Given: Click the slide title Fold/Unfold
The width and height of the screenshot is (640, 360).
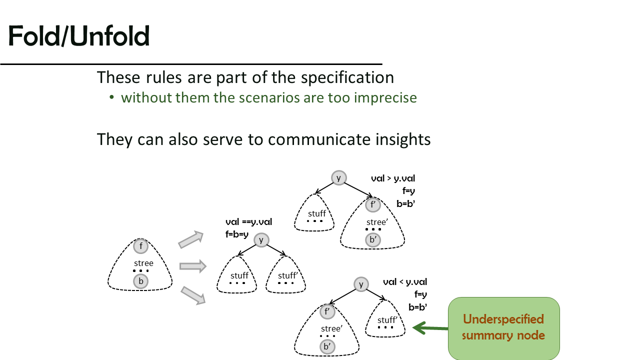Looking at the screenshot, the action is coord(79,36).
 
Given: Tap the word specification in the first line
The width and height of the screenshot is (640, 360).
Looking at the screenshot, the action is coord(347,77).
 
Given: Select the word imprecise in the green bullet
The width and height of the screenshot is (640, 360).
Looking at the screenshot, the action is coord(385,98).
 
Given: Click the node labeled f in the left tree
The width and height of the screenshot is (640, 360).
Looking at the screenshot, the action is coord(140,246).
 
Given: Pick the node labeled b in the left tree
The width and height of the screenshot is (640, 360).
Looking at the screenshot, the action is coord(140,281).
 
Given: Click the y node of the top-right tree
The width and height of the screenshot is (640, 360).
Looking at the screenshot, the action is coord(339,178).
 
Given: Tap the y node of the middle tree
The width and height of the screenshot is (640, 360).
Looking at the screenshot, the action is coord(261,240).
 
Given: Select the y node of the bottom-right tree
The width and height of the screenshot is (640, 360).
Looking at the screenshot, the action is coord(361,284).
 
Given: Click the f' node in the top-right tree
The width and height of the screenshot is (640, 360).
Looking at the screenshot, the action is coord(373,204).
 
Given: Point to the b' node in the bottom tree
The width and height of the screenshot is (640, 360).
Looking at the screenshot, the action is coord(327,346).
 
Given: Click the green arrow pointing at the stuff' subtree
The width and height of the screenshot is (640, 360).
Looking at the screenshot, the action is coord(430,328).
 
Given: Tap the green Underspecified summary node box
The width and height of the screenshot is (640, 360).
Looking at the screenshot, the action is coord(503,328).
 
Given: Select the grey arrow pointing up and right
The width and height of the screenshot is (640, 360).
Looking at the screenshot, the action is coord(191,239).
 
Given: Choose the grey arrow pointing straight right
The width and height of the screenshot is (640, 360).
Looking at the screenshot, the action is coord(193,266).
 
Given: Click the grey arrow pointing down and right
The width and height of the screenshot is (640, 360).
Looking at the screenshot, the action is coord(193,295).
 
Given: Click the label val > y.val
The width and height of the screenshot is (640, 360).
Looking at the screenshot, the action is coord(393,178).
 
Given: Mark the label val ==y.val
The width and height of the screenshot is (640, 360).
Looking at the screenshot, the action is coord(248,222).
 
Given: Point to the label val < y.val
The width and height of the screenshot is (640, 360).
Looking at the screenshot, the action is coord(405,282).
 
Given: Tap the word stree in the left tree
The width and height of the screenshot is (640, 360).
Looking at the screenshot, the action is coord(143,263).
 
